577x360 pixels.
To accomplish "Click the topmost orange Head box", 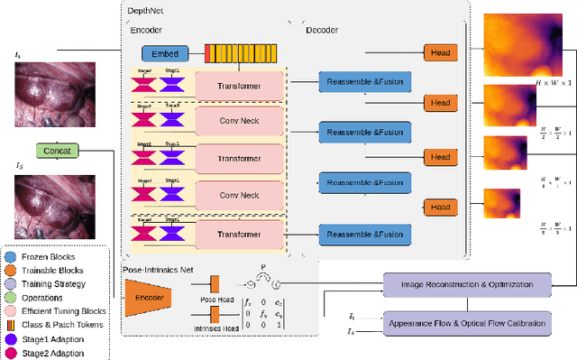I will coord(440,53).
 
